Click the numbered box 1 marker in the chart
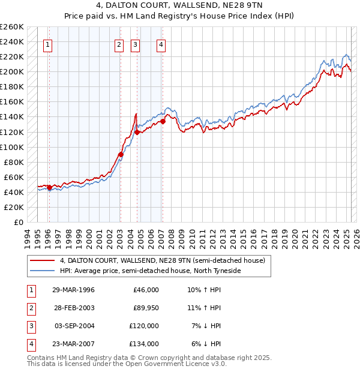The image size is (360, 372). [x=47, y=44]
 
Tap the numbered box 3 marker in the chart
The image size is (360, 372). [x=135, y=44]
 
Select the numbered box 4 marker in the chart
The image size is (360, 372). [x=161, y=44]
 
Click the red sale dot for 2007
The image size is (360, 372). [x=163, y=121]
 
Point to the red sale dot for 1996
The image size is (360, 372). [x=49, y=188]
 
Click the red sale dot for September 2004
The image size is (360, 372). [x=137, y=132]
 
